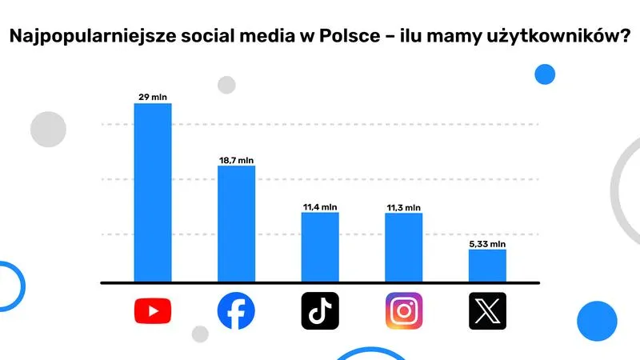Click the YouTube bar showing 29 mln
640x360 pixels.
tap(152, 192)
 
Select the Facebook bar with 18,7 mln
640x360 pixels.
tap(237, 223)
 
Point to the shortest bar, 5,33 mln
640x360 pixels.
tap(487, 266)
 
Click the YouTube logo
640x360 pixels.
tap(153, 311)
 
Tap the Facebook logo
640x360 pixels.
tap(237, 311)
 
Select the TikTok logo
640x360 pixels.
tap(320, 311)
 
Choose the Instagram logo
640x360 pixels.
tap(404, 311)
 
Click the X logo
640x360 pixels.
tap(487, 311)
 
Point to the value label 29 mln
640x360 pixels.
tap(152, 98)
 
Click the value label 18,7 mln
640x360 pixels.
tap(236, 160)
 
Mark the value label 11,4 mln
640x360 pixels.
tap(320, 207)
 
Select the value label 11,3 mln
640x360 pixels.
tap(403, 207)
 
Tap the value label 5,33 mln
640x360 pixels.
tap(487, 244)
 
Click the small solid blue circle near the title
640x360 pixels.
tap(545, 75)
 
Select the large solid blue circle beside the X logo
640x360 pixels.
tap(596, 321)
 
